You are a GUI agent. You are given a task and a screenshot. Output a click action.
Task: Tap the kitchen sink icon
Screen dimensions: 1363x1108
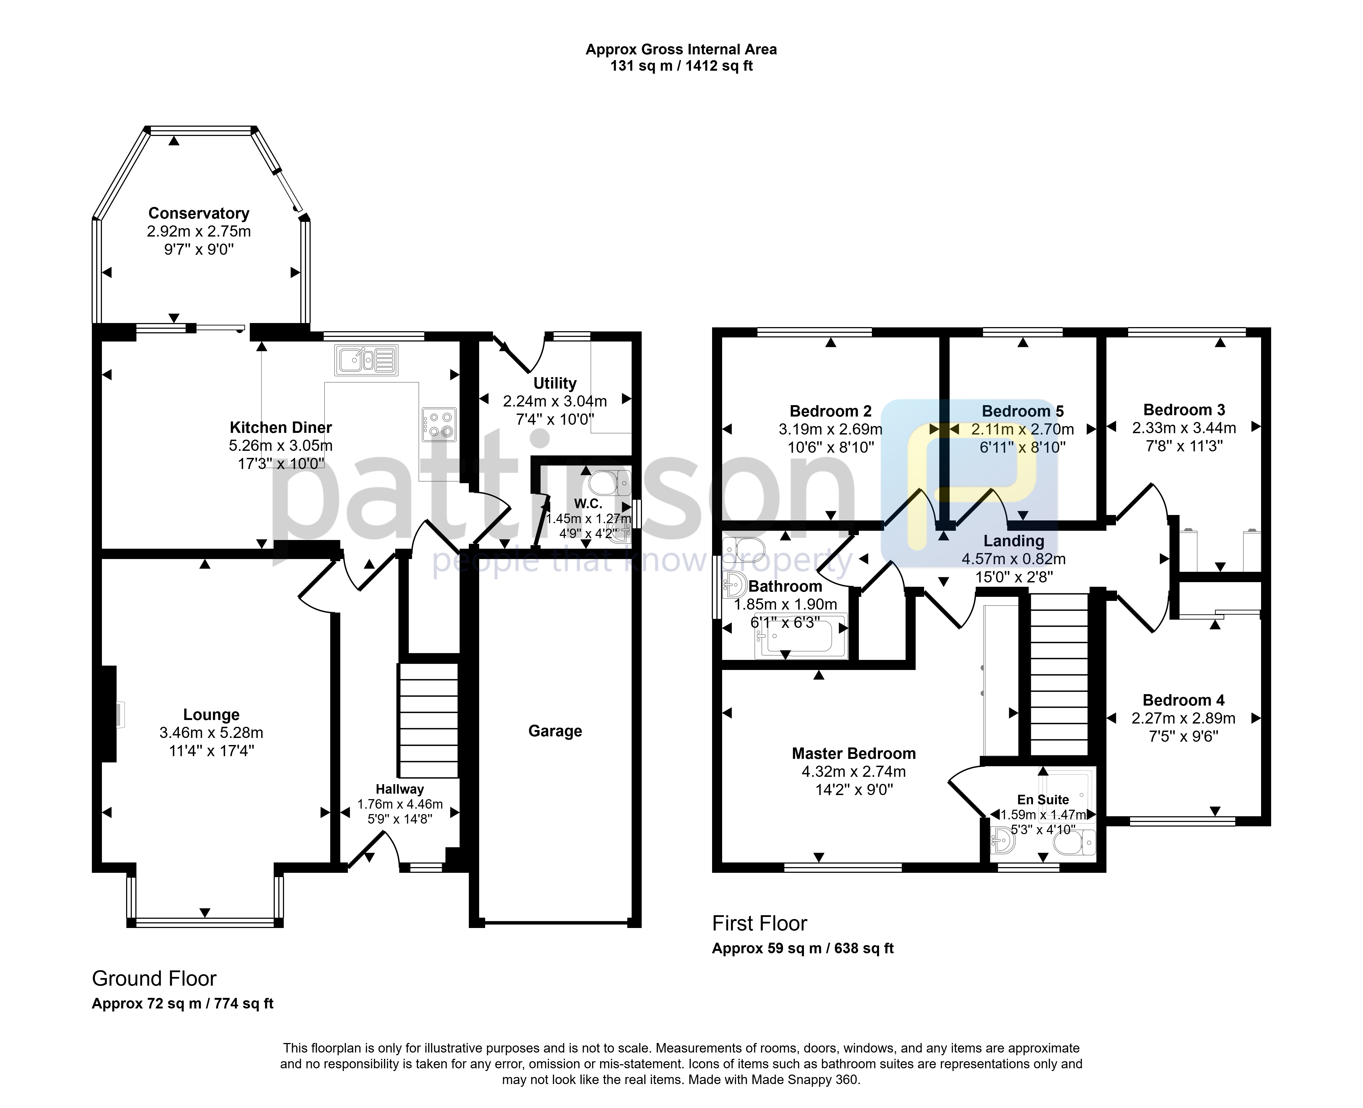click(x=366, y=360)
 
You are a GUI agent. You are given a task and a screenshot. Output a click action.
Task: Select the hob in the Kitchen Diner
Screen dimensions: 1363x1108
click(x=439, y=424)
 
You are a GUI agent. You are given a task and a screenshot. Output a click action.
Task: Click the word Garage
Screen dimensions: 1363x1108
click(x=555, y=731)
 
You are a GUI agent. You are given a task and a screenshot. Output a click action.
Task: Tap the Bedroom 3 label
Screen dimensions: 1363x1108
click(x=1184, y=410)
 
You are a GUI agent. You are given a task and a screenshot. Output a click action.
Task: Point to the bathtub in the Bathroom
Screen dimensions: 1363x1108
click(x=801, y=636)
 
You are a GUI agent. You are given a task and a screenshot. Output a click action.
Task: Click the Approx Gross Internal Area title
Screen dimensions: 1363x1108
click(x=681, y=49)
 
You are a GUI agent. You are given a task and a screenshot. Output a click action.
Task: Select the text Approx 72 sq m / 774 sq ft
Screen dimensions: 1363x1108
click(x=182, y=1003)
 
